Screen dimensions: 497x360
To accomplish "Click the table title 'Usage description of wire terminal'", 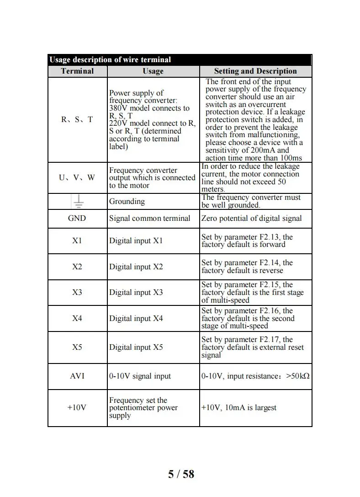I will pos(110,60).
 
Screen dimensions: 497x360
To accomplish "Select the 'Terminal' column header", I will pos(77,71).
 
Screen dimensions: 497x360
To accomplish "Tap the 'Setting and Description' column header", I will pos(255,71).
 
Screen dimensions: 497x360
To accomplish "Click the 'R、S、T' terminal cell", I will pos(77,119).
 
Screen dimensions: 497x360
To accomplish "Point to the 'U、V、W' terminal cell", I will pos(77,177).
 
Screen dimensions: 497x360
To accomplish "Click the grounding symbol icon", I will pos(77,201).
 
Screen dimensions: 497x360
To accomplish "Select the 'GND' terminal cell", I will pos(77,218).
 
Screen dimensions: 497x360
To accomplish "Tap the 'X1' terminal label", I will pos(77,240).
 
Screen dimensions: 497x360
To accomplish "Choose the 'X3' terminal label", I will pos(77,292).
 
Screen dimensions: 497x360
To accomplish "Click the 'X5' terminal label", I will pos(77,347).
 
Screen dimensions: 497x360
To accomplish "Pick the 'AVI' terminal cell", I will pos(77,376).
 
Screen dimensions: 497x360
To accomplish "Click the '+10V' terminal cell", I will pos(77,408).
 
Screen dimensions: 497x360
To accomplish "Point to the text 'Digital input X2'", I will pos(136,267).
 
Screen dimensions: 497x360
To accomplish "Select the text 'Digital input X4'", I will pos(136,318).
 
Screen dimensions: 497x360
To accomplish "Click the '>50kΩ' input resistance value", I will pos(298,376).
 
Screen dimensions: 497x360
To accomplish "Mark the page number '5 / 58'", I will pos(181,474).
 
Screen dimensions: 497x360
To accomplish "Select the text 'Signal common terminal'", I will pos(149,218).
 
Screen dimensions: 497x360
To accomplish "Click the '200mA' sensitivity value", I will pos(263,150).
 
